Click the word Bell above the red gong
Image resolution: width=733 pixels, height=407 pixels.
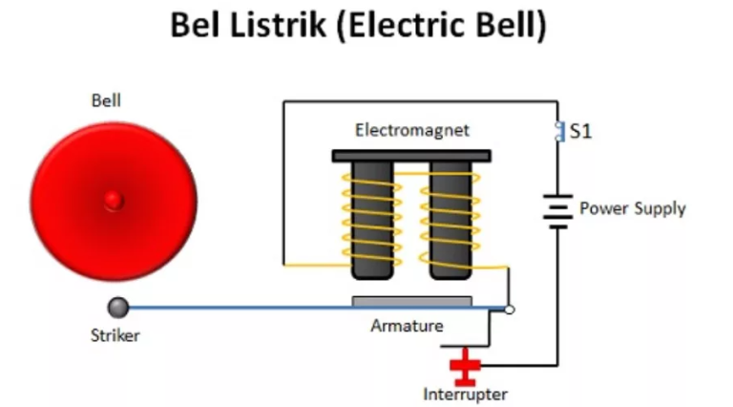point(106,100)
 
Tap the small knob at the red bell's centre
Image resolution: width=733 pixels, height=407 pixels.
point(114,200)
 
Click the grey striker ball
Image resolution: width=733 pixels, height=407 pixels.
point(117,308)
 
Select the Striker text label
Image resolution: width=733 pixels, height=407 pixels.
point(115,335)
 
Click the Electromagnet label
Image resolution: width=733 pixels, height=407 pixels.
point(412,130)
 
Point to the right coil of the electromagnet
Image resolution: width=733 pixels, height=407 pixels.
point(450,219)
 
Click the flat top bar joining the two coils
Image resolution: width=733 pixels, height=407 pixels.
point(411,155)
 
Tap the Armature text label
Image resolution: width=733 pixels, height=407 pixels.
point(407,326)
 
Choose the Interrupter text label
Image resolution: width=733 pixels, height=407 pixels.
point(465,394)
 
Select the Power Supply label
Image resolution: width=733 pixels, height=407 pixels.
point(632,207)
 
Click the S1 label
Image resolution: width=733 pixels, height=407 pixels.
point(580,132)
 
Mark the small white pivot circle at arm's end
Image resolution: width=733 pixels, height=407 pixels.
point(510,310)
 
